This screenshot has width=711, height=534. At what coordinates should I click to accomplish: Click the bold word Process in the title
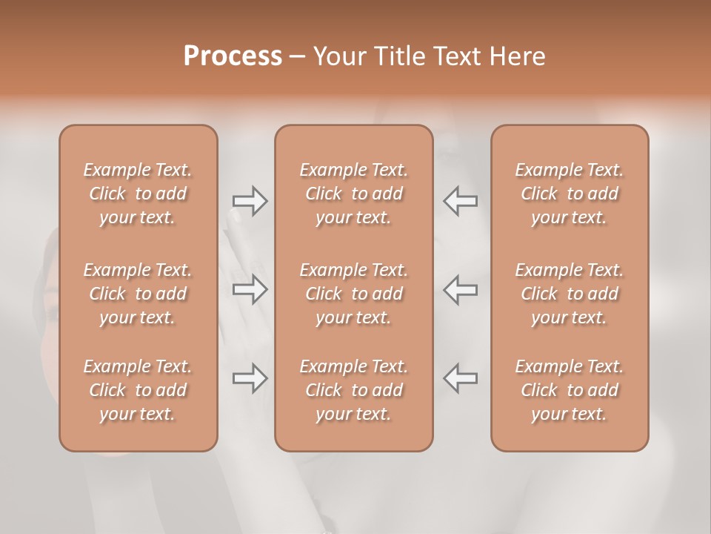coord(233,56)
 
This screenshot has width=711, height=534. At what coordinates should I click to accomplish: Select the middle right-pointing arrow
coord(250,290)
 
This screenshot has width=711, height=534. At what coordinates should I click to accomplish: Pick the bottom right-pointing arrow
coord(250,378)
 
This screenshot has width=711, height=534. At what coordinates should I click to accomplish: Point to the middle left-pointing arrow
coord(461,290)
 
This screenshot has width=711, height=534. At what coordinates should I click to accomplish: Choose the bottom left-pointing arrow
coord(461,378)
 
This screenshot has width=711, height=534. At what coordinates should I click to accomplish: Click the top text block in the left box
coord(138,194)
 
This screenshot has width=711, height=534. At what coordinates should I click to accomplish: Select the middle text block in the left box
coord(138,294)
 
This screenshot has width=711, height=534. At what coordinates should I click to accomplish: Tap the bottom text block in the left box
coord(138,390)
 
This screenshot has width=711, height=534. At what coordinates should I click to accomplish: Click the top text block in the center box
coord(354,194)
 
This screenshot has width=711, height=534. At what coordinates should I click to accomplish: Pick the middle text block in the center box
coord(354,294)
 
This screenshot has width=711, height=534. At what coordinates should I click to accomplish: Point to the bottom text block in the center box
coord(354,390)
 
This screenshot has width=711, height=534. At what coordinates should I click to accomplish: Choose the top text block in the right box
coord(570,194)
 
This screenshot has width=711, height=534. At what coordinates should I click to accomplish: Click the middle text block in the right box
coord(570,294)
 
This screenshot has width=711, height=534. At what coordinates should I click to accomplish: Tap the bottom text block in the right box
coord(570,390)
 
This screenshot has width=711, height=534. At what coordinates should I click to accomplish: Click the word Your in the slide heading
coord(338,56)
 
